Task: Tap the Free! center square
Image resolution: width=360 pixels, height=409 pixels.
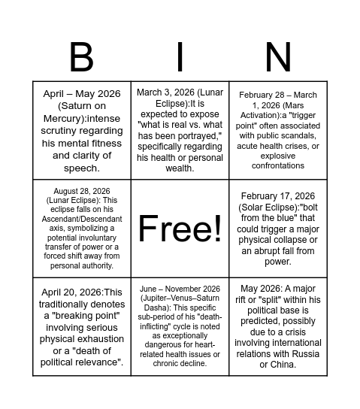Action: (180, 228)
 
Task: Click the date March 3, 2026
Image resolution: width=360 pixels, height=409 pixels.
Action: (165, 92)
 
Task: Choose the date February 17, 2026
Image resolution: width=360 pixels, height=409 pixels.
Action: (278, 196)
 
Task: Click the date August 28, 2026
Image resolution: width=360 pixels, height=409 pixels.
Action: (82, 192)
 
